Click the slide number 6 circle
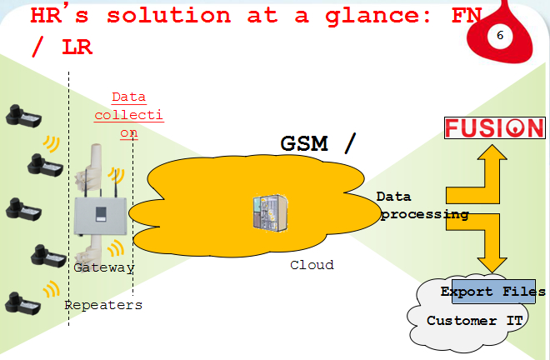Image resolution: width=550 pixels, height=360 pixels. coord(500,37)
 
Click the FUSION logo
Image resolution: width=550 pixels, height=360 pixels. coord(493,128)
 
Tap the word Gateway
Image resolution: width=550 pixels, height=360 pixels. coord(103,267)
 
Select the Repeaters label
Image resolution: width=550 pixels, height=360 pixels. coord(103,305)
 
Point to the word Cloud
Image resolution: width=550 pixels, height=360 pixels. coord(312,265)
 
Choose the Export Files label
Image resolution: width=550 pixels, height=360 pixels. coord(492,292)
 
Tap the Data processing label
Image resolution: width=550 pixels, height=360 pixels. coord(422,206)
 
